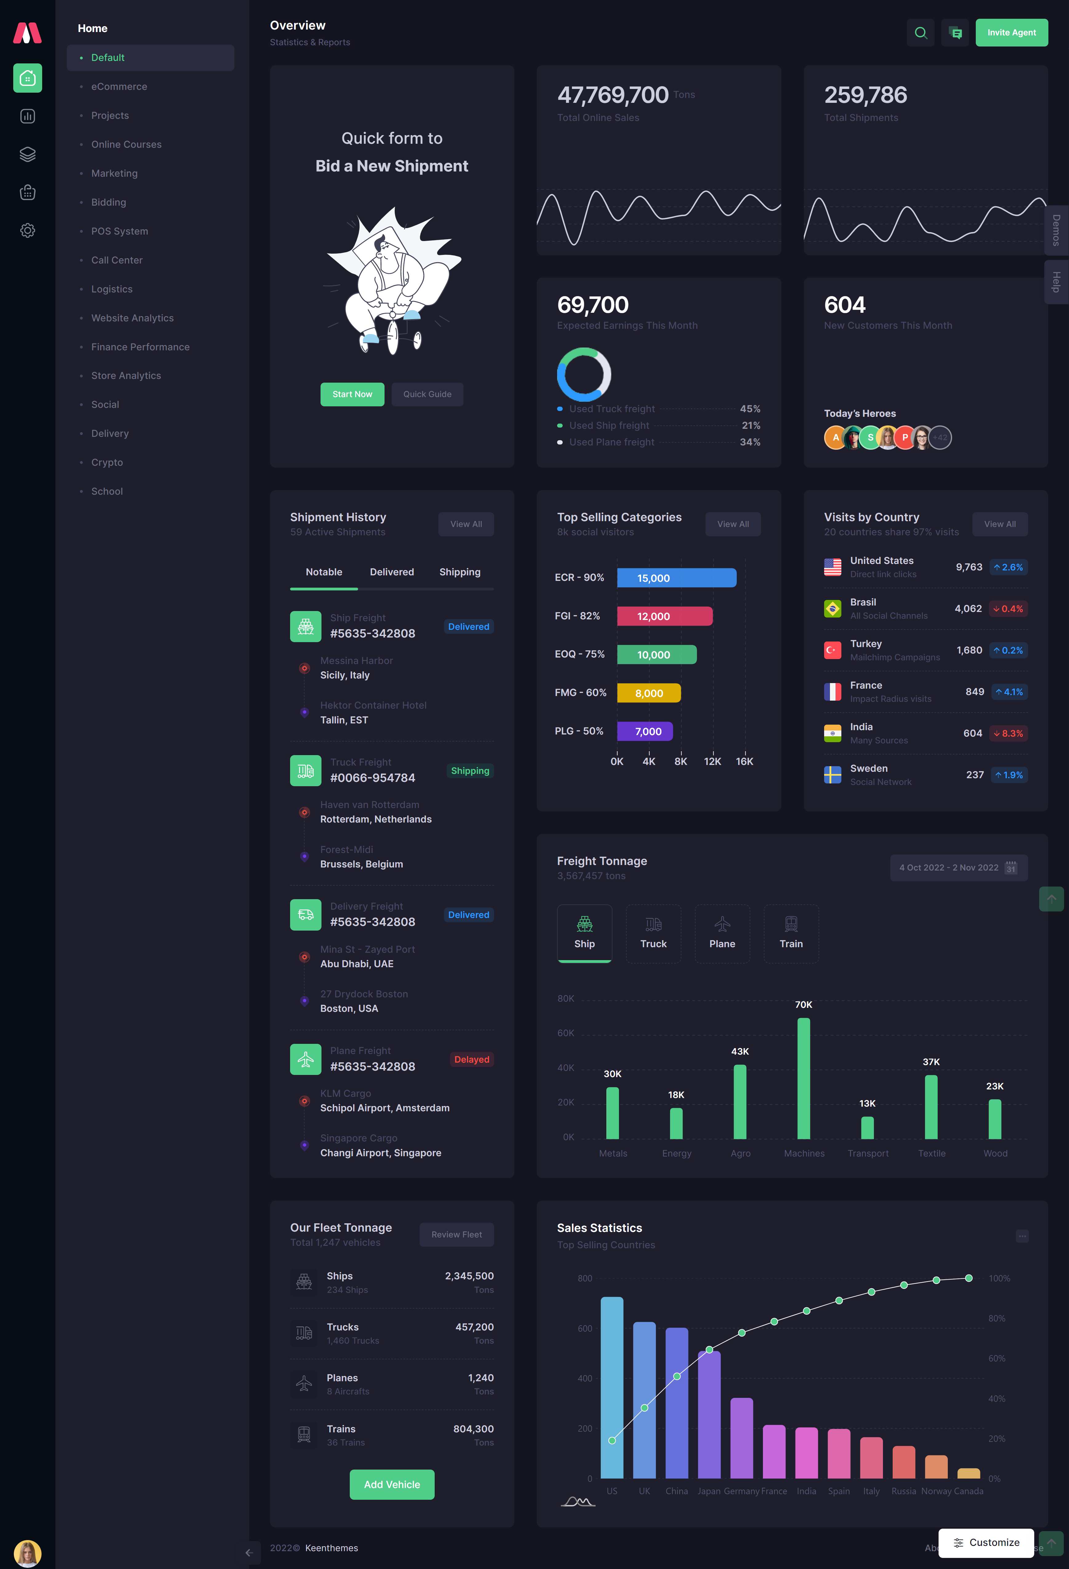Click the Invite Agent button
pyautogui.click(x=1011, y=32)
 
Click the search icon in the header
pyautogui.click(x=920, y=32)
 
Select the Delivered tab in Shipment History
pyautogui.click(x=391, y=572)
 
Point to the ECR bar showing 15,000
pyautogui.click(x=676, y=578)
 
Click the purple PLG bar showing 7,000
pyautogui.click(x=644, y=731)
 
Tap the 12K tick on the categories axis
pyautogui.click(x=712, y=761)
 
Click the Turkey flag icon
pyautogui.click(x=832, y=650)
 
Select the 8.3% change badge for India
pyautogui.click(x=1008, y=733)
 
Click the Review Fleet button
pyautogui.click(x=456, y=1234)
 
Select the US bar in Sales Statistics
pyautogui.click(x=612, y=1387)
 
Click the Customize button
pyautogui.click(x=985, y=1542)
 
